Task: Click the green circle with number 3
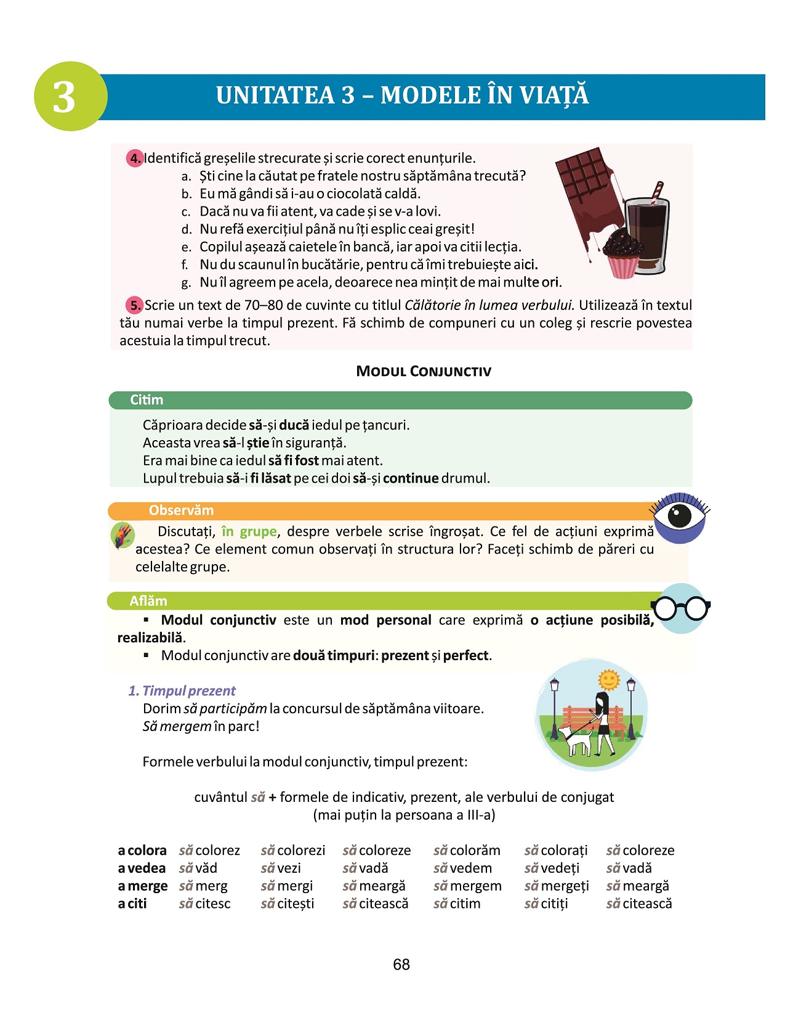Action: [70, 97]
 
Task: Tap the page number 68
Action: [401, 965]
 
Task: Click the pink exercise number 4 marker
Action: [135, 158]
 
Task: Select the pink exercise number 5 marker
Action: [135, 305]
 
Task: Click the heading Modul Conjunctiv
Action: [424, 371]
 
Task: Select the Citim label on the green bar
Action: [147, 400]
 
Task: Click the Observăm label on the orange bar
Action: [181, 510]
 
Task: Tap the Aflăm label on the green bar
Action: [148, 601]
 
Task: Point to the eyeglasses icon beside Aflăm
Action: [681, 608]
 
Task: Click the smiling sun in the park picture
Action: [609, 680]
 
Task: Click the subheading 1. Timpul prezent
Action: [182, 691]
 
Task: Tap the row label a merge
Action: [142, 886]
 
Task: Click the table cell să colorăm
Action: [467, 851]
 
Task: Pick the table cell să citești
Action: [288, 904]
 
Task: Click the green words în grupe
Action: [249, 531]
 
